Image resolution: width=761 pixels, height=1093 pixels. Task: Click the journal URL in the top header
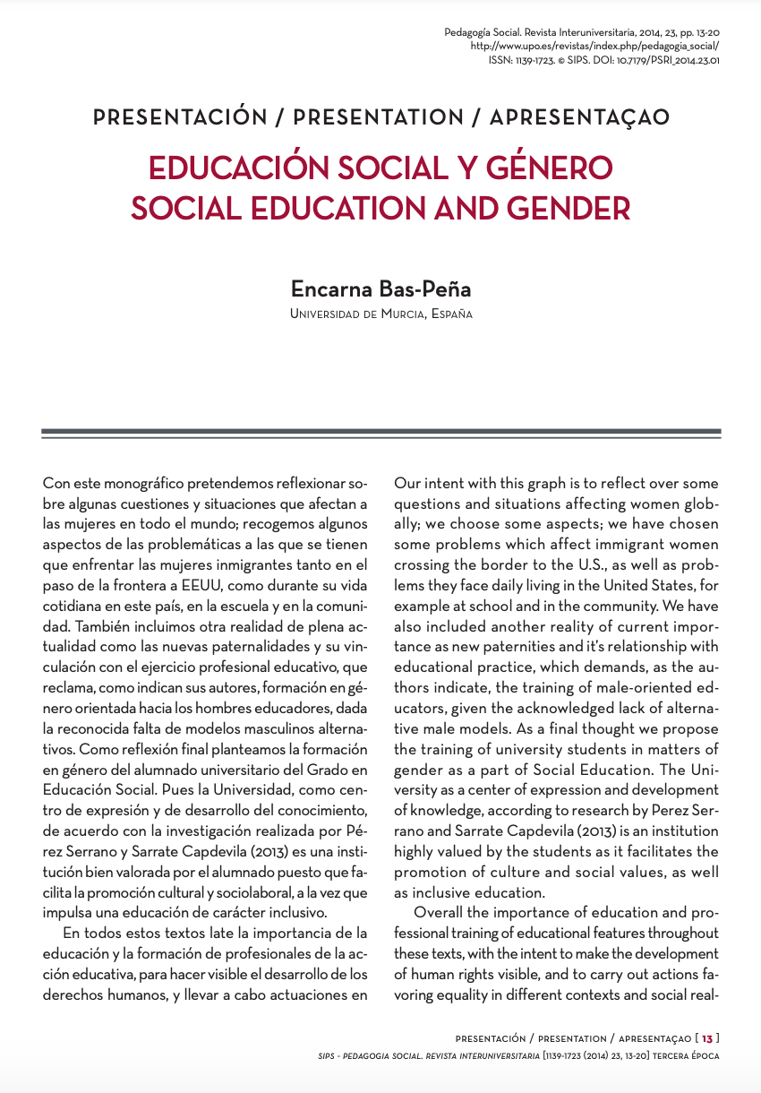[x=594, y=46]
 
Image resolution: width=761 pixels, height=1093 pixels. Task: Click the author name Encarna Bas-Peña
[x=380, y=289]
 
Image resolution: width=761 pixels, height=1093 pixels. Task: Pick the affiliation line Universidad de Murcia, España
[x=380, y=314]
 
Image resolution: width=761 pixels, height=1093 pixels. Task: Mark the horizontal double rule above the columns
[x=380, y=433]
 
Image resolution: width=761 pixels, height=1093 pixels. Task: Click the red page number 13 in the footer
[x=707, y=1038]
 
